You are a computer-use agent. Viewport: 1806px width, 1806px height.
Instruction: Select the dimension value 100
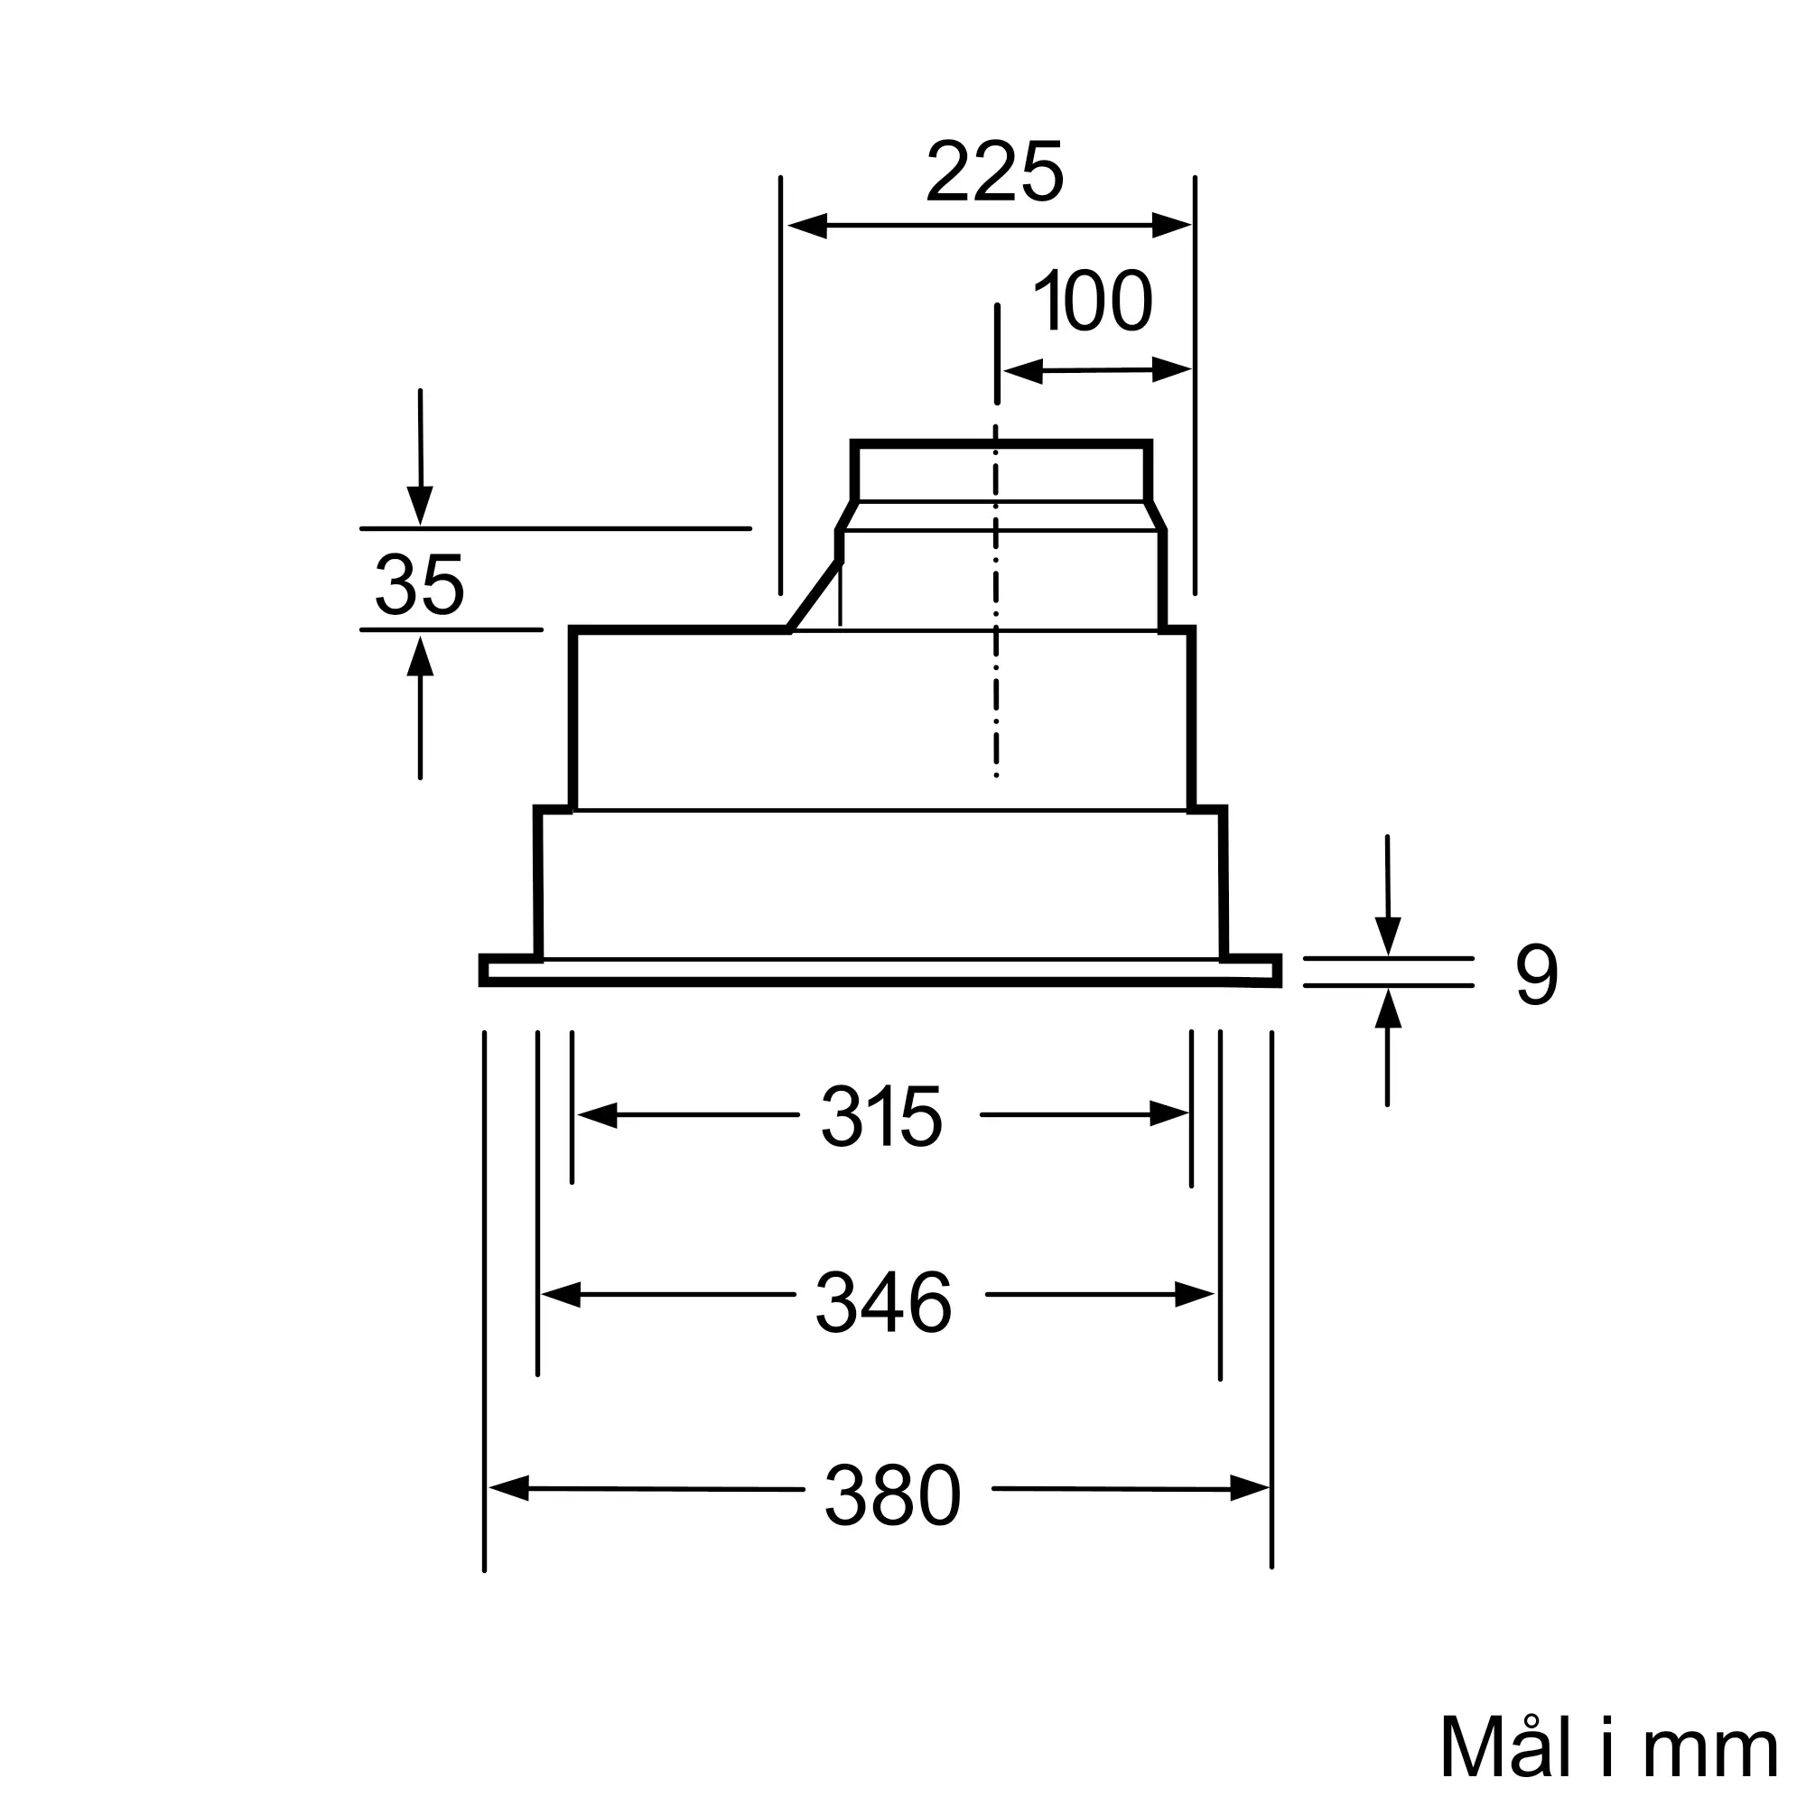[1093, 302]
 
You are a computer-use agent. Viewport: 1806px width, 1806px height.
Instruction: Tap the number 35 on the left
[419, 585]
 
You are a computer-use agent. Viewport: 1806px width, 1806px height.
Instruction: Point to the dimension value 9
[1536, 975]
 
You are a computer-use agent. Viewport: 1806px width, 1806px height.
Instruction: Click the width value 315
[881, 1117]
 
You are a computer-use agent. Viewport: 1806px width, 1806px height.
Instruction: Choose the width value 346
[883, 1303]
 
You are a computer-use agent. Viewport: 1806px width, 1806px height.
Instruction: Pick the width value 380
[892, 1496]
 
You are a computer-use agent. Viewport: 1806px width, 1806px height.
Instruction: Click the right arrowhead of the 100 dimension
[1172, 370]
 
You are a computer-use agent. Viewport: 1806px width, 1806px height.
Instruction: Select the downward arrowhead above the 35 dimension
[421, 507]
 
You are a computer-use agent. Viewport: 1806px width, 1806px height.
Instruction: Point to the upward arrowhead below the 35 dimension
[421, 656]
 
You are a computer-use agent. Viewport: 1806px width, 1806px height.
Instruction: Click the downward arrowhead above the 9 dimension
[1388, 936]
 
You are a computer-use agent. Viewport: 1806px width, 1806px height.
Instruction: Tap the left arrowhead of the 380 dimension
[508, 1487]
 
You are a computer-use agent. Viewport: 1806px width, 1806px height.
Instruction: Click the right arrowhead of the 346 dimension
[1195, 1295]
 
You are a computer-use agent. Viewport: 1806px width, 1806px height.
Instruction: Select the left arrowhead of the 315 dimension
[597, 1115]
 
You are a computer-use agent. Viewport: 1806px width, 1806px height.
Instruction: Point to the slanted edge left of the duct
[815, 595]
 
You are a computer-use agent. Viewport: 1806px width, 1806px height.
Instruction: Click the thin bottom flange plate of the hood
[879, 973]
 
